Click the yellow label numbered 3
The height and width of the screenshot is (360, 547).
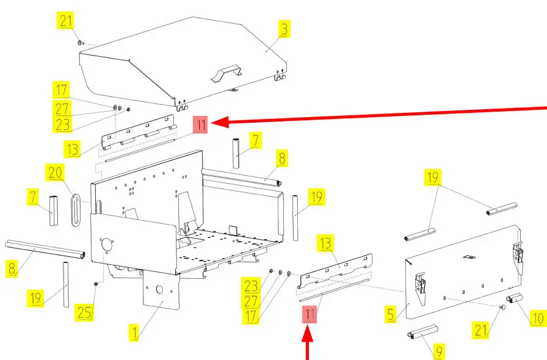(284, 29)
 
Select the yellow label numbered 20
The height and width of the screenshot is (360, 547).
(55, 173)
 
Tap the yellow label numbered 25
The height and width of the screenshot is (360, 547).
(84, 312)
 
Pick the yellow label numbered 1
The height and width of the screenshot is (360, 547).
(134, 333)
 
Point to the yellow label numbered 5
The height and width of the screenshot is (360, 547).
(391, 314)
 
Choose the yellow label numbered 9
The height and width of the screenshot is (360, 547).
(439, 351)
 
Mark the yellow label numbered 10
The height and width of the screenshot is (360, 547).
(538, 318)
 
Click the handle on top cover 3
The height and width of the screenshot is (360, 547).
(226, 73)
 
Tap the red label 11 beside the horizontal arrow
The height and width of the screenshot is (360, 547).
(201, 125)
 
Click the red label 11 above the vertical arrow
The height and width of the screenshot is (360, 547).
(310, 315)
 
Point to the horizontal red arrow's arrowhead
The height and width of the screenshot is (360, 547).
(220, 122)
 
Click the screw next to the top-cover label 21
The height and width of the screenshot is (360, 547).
(81, 43)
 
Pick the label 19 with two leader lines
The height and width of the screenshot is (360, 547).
(433, 177)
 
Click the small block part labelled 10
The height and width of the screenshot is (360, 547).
(515, 298)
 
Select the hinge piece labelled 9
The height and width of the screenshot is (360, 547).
(422, 332)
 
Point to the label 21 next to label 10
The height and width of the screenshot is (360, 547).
(481, 329)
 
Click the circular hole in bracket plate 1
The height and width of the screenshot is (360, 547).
(159, 290)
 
